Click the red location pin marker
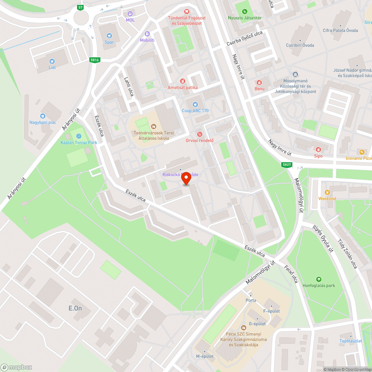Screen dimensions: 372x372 186,179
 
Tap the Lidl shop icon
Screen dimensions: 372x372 52,61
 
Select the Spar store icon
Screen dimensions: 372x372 109,36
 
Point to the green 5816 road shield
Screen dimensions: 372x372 94,60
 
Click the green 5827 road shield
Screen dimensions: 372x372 286,165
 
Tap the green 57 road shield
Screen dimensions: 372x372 80,7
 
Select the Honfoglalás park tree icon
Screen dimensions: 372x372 318,279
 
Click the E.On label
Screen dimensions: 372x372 75,308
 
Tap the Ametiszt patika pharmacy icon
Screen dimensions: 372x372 182,81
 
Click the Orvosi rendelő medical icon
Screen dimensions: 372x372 200,134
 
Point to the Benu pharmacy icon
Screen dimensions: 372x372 259,83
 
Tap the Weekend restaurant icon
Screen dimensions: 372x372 327,192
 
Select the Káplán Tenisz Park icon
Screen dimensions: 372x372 79,136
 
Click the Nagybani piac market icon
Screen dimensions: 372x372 43,116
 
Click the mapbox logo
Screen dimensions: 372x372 17,367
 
